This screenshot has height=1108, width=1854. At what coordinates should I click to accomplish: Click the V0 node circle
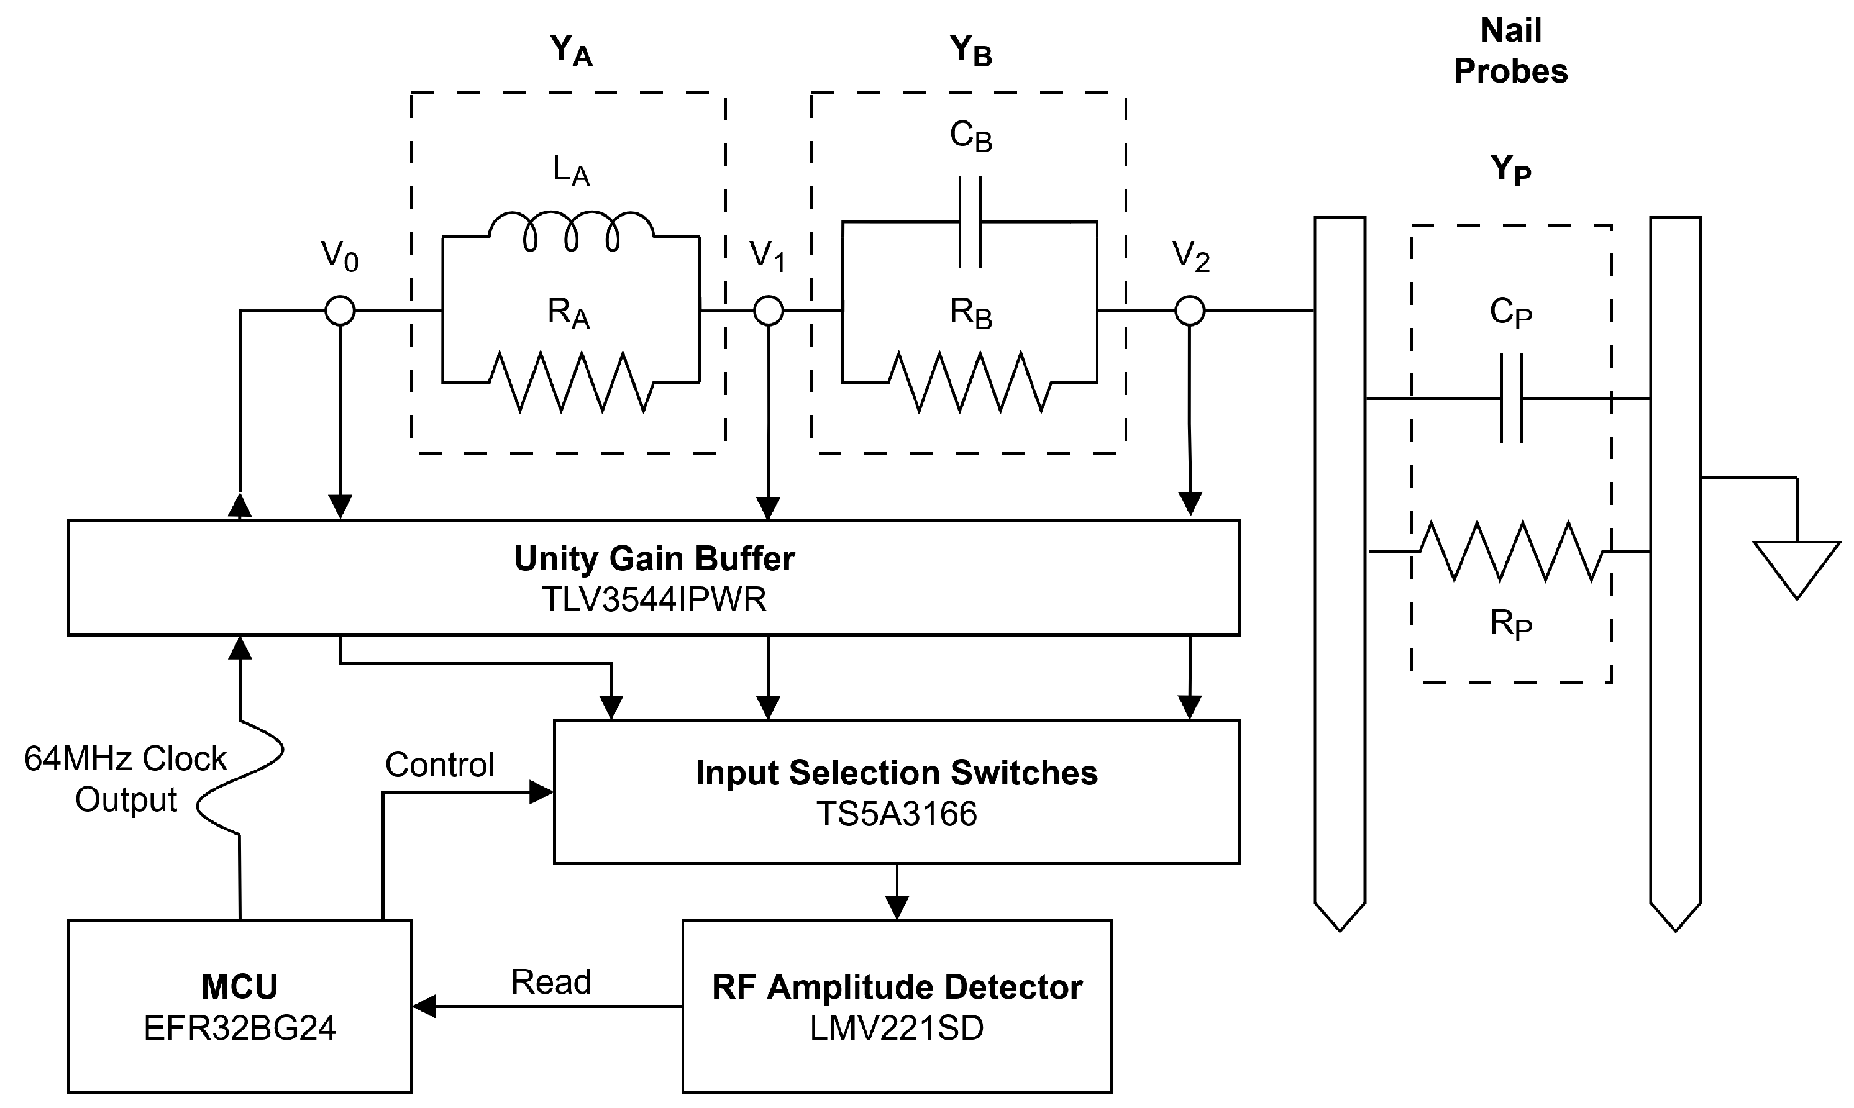tap(340, 310)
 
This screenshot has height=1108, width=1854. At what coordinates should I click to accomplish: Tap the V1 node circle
tap(769, 310)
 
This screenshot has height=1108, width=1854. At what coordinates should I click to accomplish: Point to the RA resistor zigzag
tap(571, 383)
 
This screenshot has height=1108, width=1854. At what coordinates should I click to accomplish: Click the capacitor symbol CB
tap(970, 222)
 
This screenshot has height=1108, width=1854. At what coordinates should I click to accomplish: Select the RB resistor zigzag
tap(970, 383)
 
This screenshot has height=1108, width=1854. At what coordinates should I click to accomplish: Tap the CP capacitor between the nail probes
tap(1510, 399)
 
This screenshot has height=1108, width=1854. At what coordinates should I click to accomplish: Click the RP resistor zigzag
tap(1510, 552)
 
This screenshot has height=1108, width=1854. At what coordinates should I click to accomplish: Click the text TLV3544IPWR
tap(654, 599)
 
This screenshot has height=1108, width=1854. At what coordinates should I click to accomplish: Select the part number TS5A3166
tap(896, 814)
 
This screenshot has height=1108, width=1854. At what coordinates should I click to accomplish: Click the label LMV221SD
tap(896, 1028)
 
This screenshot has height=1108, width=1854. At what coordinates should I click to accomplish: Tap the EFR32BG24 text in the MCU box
tap(240, 1028)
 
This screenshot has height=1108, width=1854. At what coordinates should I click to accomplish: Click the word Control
tap(439, 765)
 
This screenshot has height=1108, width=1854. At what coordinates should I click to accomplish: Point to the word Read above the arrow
tap(551, 982)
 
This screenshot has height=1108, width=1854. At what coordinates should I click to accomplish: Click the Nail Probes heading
tap(1510, 51)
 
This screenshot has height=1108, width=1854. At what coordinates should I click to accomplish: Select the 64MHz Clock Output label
tap(126, 779)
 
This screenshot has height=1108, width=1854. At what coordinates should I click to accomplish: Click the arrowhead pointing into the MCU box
tap(424, 1007)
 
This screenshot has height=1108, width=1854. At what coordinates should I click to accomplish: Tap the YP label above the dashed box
tap(1510, 170)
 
